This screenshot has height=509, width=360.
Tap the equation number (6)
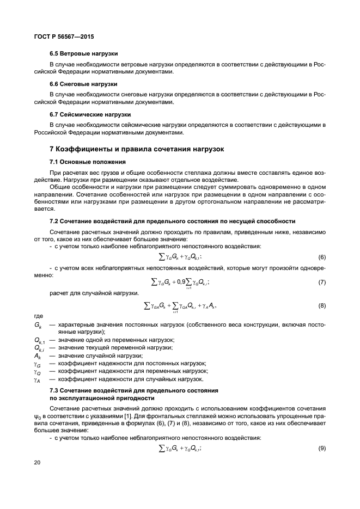tap(321, 257)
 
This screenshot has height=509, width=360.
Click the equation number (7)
tap(321, 282)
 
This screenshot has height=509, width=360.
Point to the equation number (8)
tap(321, 306)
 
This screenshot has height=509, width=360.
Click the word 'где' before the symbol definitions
tap(38, 316)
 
